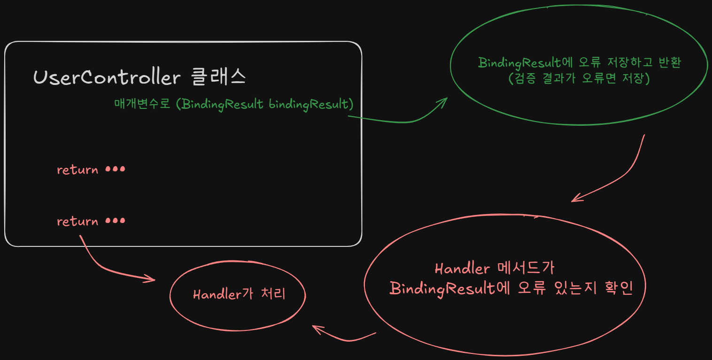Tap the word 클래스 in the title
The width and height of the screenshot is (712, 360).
(x=218, y=77)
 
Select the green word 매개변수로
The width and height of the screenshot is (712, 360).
(x=142, y=104)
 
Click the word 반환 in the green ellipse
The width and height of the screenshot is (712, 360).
(x=667, y=62)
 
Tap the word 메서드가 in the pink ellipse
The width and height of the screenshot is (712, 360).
(x=525, y=268)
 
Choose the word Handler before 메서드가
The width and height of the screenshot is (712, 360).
(x=462, y=269)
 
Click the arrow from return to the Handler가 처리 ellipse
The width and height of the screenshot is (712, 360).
(x=108, y=268)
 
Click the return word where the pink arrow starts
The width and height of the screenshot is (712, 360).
(x=77, y=221)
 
